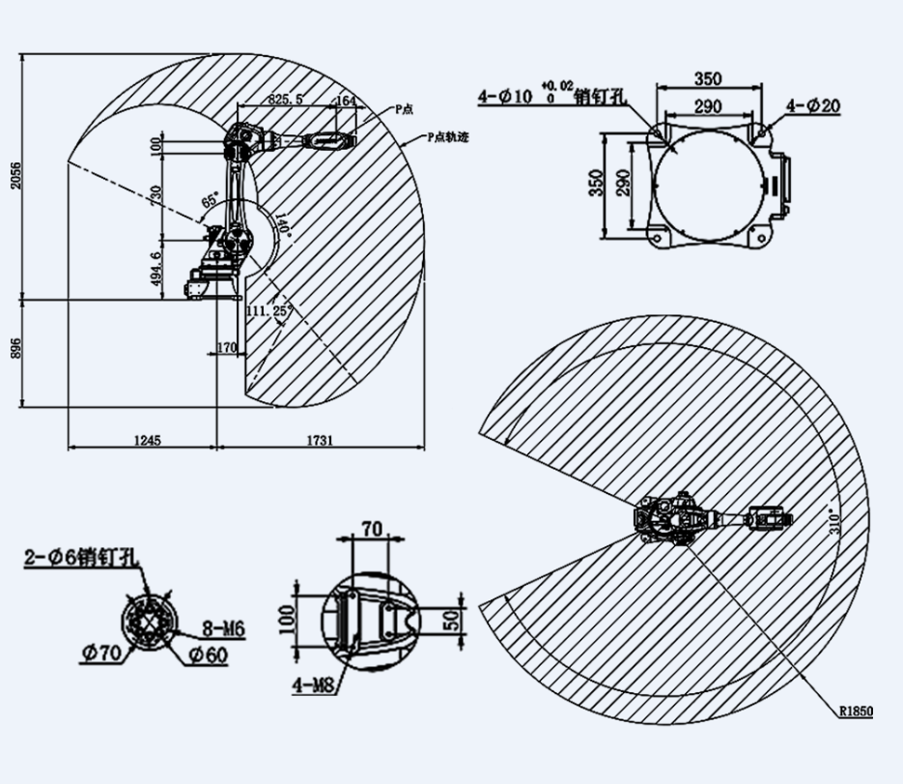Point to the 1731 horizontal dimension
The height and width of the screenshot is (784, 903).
click(321, 441)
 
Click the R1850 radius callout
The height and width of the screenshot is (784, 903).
click(855, 711)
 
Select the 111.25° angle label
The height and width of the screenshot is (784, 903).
click(268, 310)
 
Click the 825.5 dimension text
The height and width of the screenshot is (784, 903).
click(287, 100)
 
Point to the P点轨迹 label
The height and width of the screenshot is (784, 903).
click(447, 137)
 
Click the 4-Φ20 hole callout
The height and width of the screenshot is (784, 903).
click(812, 105)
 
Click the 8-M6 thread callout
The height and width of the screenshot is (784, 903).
click(224, 629)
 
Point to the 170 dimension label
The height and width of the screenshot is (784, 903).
click(228, 346)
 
